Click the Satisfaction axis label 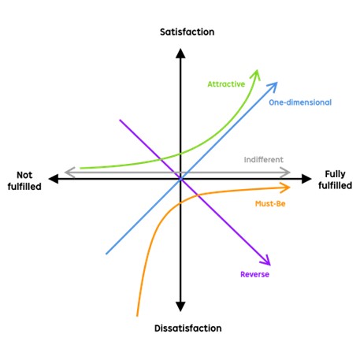187,32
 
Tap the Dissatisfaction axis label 188,328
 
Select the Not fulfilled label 24,180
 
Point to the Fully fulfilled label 335,180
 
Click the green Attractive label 226,84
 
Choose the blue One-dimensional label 300,102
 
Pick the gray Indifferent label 264,160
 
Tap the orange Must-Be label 270,204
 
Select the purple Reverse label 254,274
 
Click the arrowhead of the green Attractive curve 256,74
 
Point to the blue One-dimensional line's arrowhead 273,87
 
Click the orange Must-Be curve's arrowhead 285,187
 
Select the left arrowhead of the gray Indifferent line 69,173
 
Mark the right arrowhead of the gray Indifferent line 285,173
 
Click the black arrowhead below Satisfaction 180,54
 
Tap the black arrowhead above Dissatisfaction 180,306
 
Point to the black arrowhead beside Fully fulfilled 306,179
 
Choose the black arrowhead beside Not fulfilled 54,179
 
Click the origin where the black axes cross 180,179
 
